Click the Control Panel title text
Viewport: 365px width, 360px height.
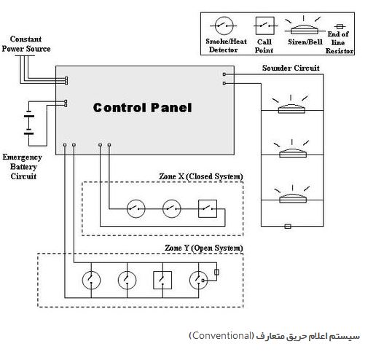[x=143, y=107]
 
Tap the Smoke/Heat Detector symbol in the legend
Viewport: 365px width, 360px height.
[x=224, y=26]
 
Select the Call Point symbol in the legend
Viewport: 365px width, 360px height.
[x=265, y=26]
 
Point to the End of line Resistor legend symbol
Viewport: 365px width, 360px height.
[x=340, y=26]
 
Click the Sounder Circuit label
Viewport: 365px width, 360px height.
[x=291, y=68]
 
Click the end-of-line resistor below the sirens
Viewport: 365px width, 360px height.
[x=288, y=227]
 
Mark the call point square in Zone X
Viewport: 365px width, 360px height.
[x=208, y=208]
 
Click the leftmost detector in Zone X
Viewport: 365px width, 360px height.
[x=136, y=208]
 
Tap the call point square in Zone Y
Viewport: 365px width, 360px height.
[x=162, y=280]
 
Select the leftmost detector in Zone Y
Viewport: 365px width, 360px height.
[x=91, y=280]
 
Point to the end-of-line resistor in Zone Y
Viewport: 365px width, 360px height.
[x=217, y=272]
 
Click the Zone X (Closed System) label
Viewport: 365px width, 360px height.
[x=201, y=176]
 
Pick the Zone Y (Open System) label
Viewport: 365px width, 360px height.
[x=204, y=248]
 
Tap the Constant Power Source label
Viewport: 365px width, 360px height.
[x=26, y=44]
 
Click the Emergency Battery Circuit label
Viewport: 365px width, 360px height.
[x=23, y=167]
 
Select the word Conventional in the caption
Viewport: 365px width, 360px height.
[x=222, y=336]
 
